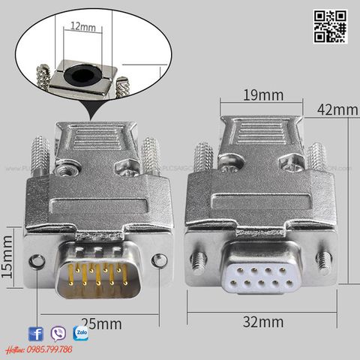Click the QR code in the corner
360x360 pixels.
(x=330, y=26)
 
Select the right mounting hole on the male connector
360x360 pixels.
(x=158, y=261)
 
